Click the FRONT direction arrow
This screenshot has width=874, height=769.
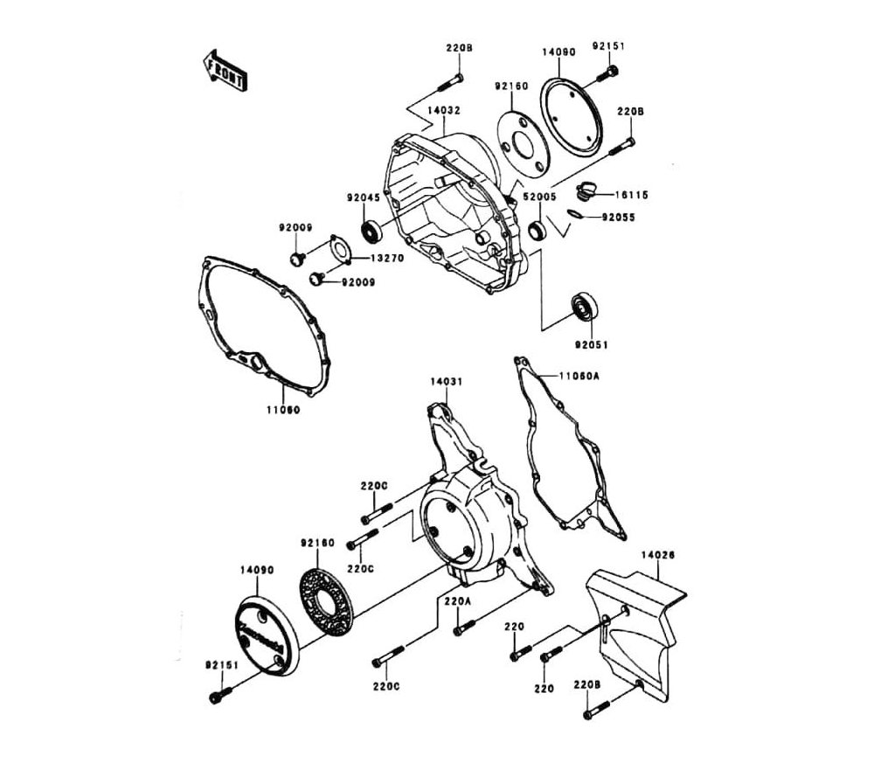click(222, 71)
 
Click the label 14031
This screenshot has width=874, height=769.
click(446, 382)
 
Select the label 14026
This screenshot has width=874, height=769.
click(657, 554)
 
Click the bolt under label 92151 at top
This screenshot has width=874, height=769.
click(612, 75)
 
